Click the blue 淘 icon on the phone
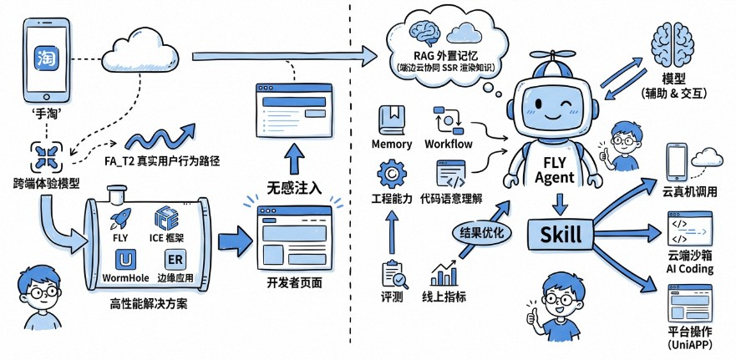pyautogui.click(x=45, y=58)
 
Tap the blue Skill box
pyautogui.click(x=560, y=235)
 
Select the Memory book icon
pyautogui.click(x=392, y=119)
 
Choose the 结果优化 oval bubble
pyautogui.click(x=480, y=233)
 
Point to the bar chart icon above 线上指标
pyautogui.click(x=444, y=272)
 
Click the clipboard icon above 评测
pyautogui.click(x=392, y=273)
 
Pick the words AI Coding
pyautogui.click(x=690, y=270)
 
